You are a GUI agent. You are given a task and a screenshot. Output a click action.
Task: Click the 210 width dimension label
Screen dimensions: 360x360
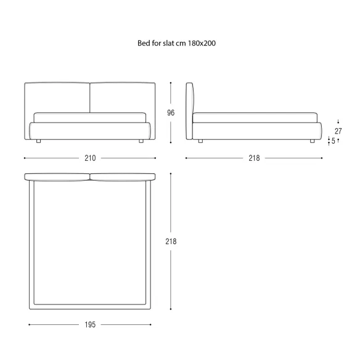tap(90, 158)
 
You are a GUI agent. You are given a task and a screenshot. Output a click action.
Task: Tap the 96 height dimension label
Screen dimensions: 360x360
tap(171, 113)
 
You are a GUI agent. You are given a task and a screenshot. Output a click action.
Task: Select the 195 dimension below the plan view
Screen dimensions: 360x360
tap(90, 325)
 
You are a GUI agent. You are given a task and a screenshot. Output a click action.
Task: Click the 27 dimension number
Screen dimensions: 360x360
tap(338, 131)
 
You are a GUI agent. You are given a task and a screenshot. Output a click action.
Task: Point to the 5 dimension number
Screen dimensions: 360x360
tap(333, 141)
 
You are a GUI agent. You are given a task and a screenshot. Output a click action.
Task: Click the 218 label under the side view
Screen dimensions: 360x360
tap(254, 158)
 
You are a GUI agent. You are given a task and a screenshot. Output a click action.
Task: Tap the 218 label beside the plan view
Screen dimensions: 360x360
tap(171, 242)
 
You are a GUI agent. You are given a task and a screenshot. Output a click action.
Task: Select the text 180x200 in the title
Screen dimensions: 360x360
tap(202, 43)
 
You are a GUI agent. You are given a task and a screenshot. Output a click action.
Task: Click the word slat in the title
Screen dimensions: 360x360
tap(168, 43)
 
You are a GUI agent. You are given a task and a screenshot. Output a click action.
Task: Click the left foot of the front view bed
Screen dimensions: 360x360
tap(38, 141)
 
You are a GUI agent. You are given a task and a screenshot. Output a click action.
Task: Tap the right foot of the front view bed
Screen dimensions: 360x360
tap(141, 141)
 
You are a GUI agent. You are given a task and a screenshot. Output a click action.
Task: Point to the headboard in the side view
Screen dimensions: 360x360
tap(190, 111)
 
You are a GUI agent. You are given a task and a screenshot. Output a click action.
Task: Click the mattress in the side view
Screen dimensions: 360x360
tap(255, 118)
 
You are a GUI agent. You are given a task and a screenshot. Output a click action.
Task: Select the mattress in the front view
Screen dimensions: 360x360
tap(90, 118)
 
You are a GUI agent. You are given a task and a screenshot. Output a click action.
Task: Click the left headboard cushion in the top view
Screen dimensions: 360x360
tap(57, 177)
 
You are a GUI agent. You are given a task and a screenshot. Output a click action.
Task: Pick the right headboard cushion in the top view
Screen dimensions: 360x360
tap(123, 177)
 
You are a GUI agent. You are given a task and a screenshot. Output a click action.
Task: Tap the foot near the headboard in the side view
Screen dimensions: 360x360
tap(200, 141)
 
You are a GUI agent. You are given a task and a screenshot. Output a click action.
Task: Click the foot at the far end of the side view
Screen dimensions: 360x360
tap(313, 141)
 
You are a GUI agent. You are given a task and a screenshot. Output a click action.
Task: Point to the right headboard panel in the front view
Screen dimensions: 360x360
tap(123, 97)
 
